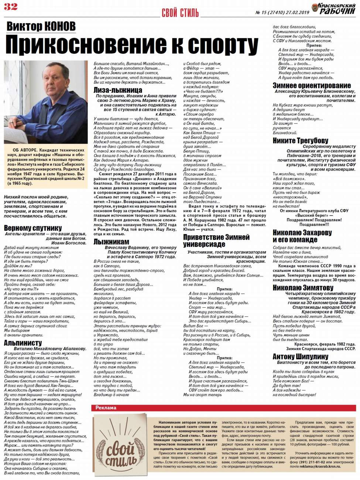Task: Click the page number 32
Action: tap(11, 6)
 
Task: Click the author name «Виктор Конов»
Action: tap(41, 27)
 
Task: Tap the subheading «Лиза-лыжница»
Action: tap(117, 90)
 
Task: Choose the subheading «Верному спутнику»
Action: tap(33, 228)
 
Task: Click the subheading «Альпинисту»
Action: tap(23, 343)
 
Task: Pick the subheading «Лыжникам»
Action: tap(111, 241)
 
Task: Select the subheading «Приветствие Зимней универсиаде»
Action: tap(216, 240)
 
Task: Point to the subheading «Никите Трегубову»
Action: tap(300, 140)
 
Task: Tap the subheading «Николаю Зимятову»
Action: tap(303, 287)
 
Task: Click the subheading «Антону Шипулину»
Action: tap(300, 356)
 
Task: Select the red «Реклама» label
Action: tap(106, 408)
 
